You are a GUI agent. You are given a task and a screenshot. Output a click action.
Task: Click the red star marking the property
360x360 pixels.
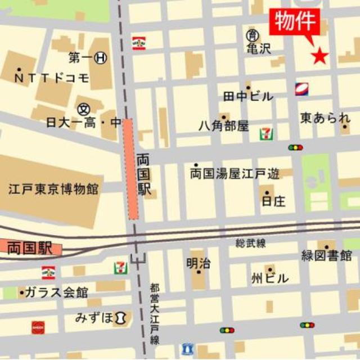[x=319, y=55]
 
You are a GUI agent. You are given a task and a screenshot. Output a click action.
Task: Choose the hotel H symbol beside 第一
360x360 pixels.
[x=101, y=57]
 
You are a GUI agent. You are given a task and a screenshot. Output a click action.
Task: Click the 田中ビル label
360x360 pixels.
[x=248, y=96]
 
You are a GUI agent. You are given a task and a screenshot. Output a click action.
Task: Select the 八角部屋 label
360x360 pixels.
[x=223, y=126]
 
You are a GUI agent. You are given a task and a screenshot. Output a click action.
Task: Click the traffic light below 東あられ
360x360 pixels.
[x=295, y=147]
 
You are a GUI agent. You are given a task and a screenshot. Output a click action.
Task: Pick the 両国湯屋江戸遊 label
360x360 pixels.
[x=235, y=174]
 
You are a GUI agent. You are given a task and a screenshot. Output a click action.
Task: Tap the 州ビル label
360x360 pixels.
[x=270, y=278]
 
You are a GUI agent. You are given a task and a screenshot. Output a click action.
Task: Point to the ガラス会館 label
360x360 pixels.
[x=57, y=292]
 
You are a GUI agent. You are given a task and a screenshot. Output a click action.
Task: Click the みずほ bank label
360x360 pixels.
[x=94, y=318]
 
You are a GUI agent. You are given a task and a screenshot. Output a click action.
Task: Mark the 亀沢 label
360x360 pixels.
[x=258, y=48]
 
